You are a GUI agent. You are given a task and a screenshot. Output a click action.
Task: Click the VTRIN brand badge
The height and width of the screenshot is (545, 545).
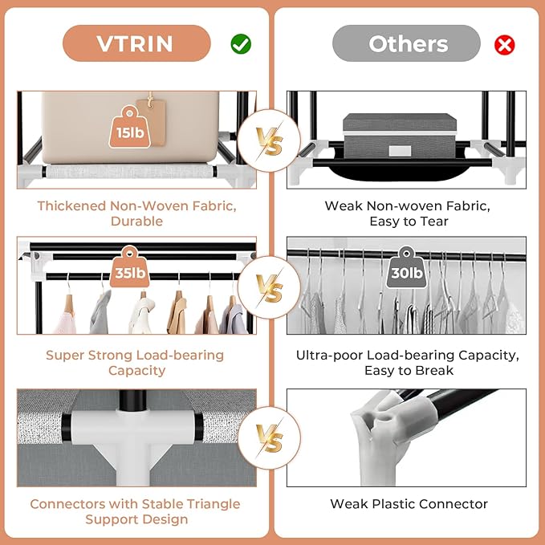[136, 43]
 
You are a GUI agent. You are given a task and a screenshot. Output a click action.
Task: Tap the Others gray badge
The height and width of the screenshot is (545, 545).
[406, 43]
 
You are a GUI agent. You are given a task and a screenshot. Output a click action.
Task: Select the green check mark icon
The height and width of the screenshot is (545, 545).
[241, 44]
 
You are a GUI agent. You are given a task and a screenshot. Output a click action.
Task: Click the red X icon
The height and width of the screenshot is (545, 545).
[505, 44]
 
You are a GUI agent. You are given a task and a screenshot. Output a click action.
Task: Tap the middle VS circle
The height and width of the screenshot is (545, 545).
[272, 287]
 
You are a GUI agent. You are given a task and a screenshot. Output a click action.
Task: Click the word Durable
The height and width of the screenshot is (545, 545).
[136, 221]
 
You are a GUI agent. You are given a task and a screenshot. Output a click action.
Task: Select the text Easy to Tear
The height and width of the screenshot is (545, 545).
[407, 221]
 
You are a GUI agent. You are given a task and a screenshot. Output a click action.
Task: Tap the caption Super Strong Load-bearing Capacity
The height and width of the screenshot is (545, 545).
[135, 363]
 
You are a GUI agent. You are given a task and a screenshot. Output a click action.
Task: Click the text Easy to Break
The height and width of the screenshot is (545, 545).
[407, 371]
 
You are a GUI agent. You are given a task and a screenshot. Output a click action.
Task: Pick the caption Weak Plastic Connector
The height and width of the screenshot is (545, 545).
[409, 504]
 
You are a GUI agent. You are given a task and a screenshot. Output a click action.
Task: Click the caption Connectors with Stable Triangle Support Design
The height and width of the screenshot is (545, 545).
[135, 512]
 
